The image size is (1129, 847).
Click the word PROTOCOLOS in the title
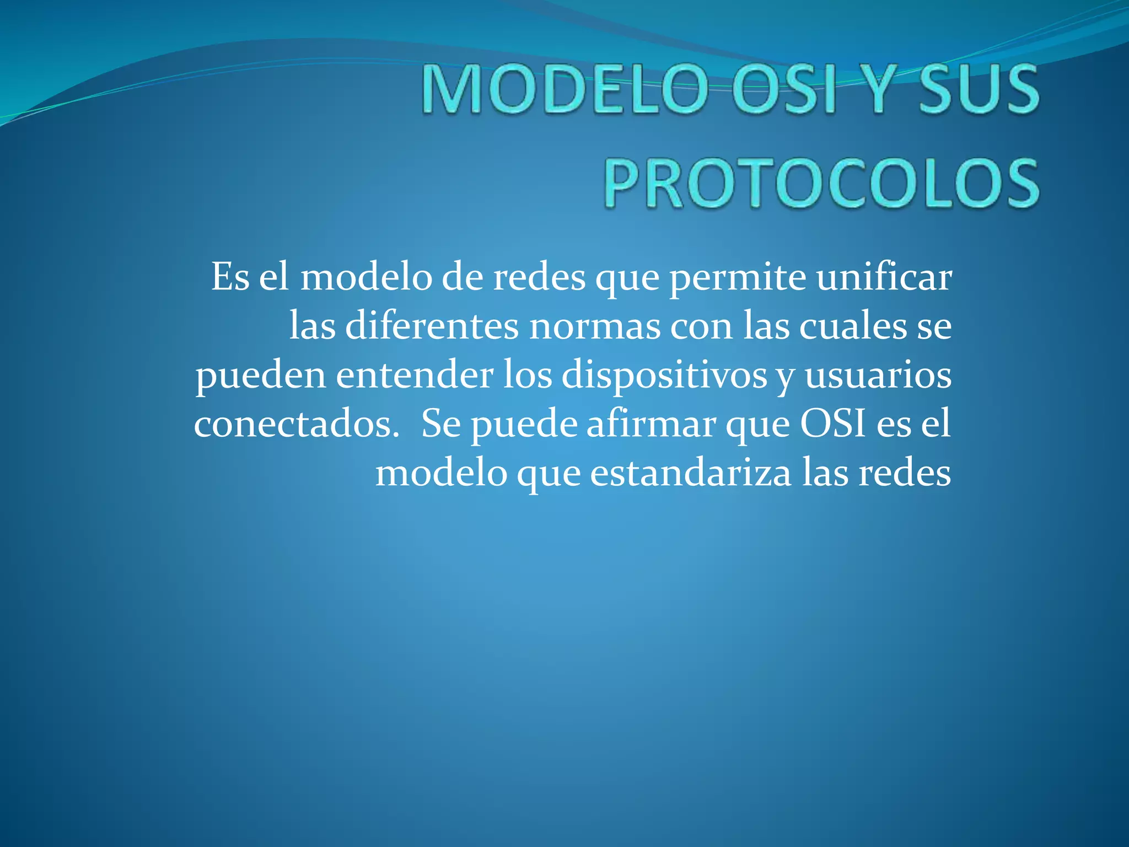[x=822, y=183]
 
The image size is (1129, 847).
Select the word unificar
[x=884, y=277]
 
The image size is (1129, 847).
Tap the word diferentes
[x=432, y=326]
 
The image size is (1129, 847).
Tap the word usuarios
[x=878, y=375]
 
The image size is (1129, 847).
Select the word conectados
[x=297, y=424]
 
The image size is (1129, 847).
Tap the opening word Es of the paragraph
[x=230, y=277]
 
